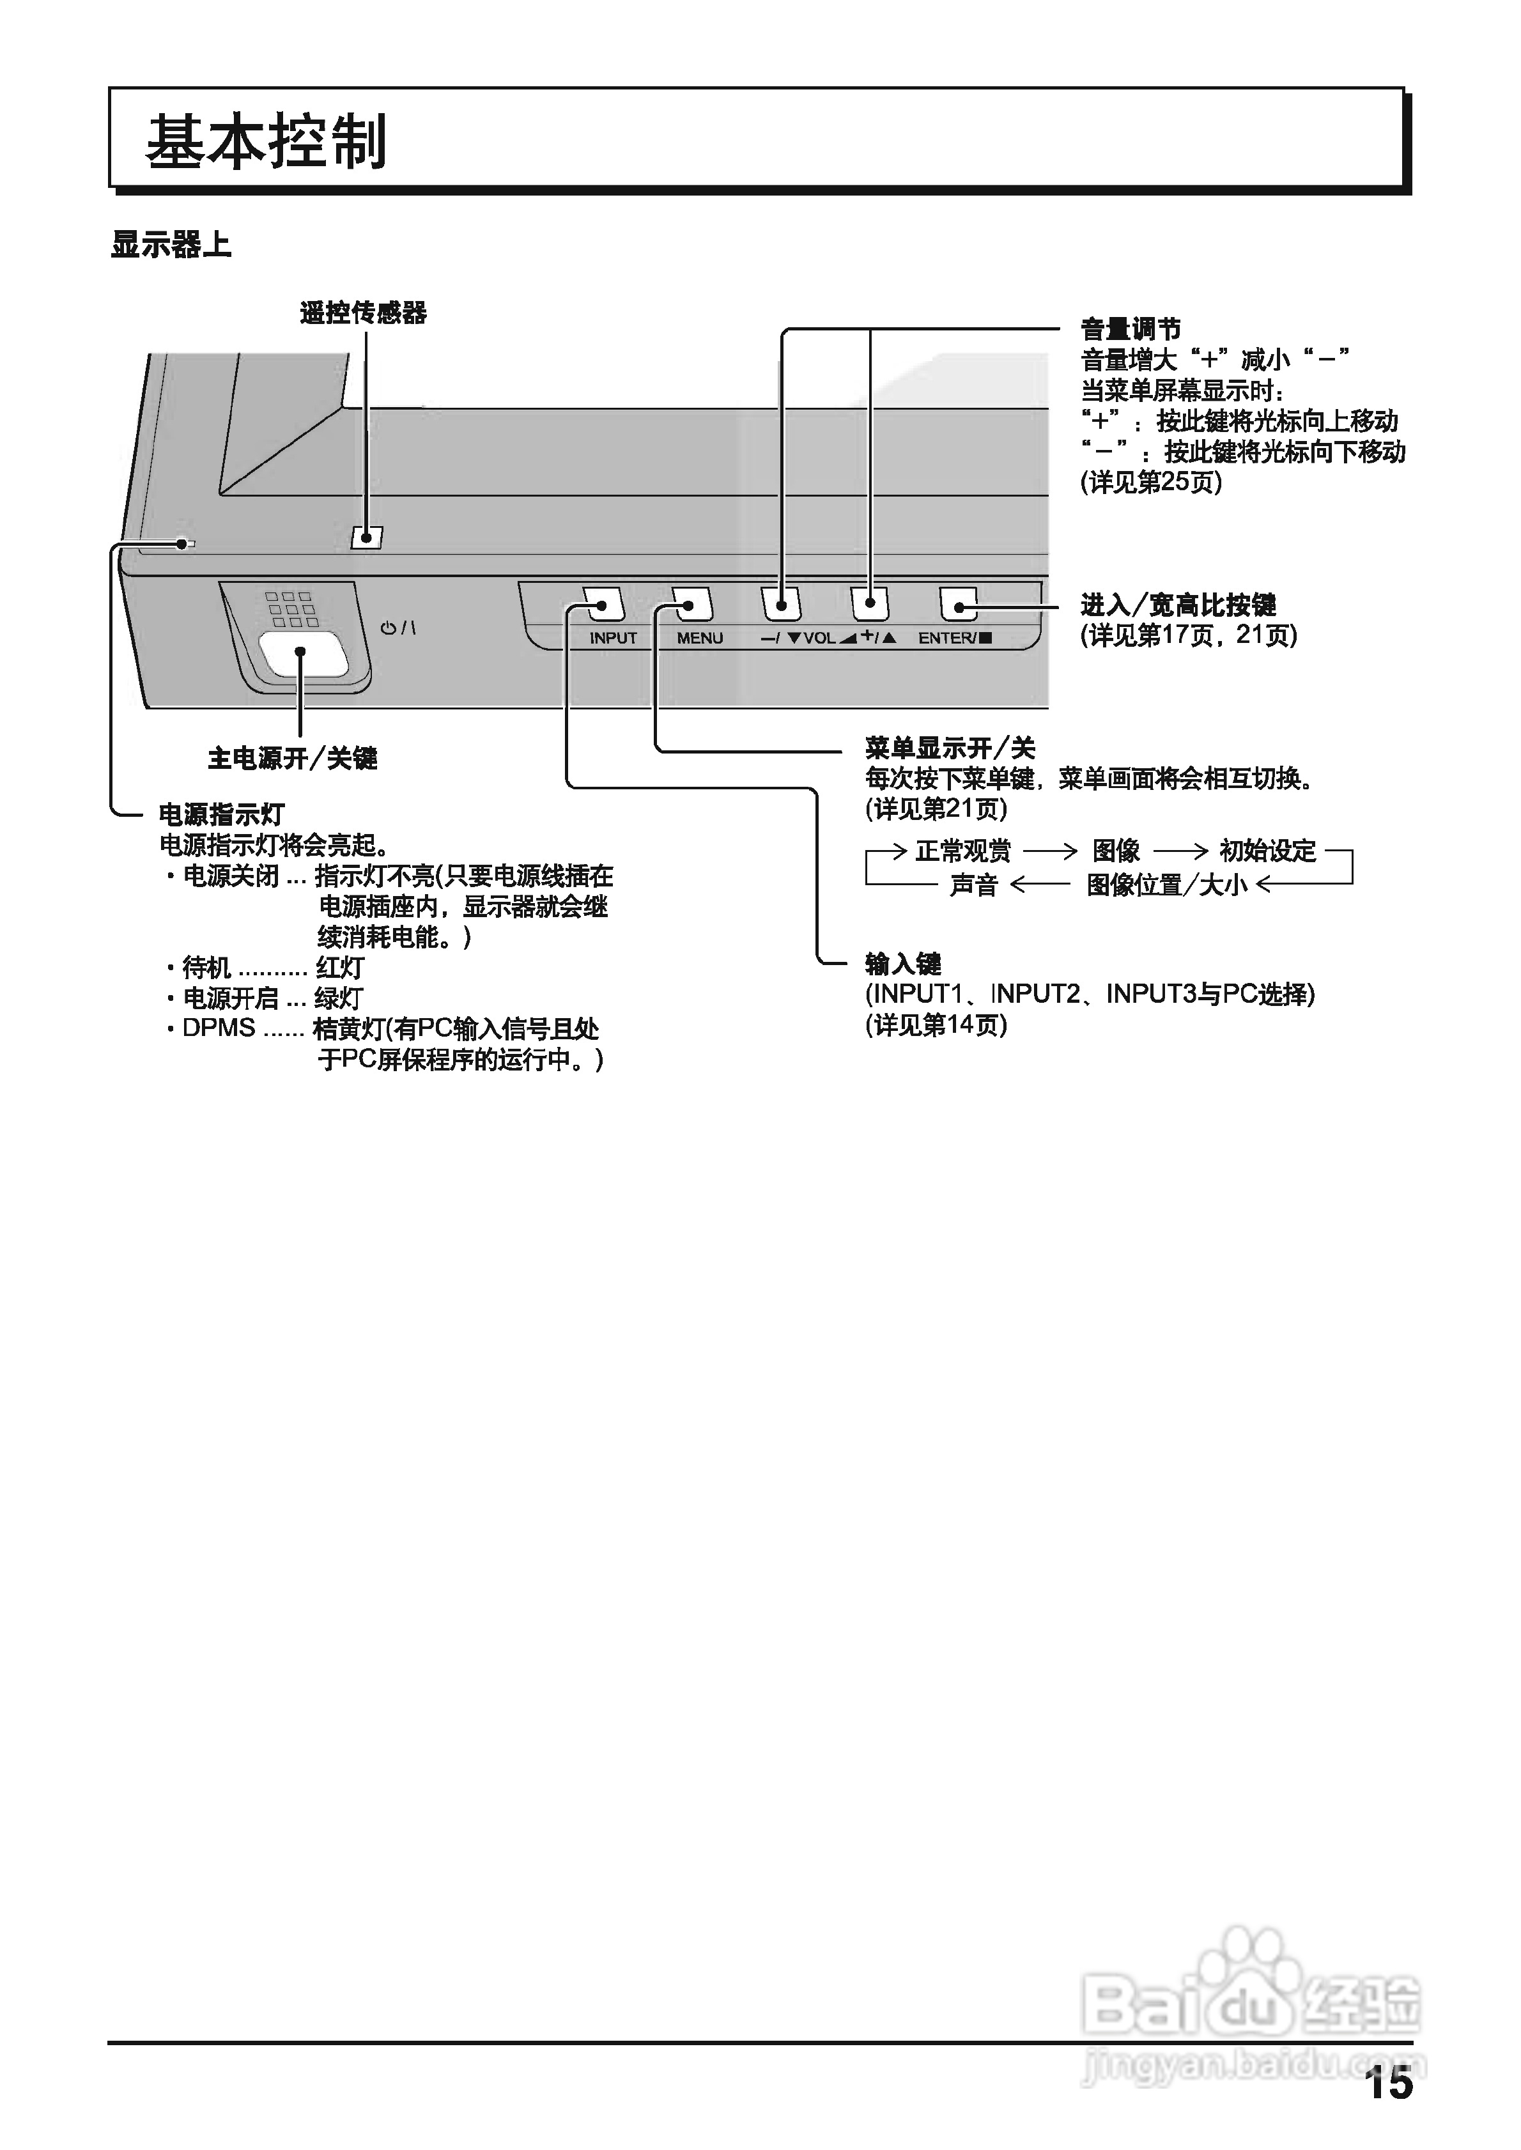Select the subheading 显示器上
click(x=171, y=245)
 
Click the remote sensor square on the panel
click(x=366, y=537)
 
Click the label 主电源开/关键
click(x=292, y=757)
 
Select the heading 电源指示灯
click(x=221, y=814)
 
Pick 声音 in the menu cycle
click(x=973, y=885)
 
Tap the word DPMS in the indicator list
click(x=218, y=1028)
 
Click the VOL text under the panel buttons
click(x=819, y=638)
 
